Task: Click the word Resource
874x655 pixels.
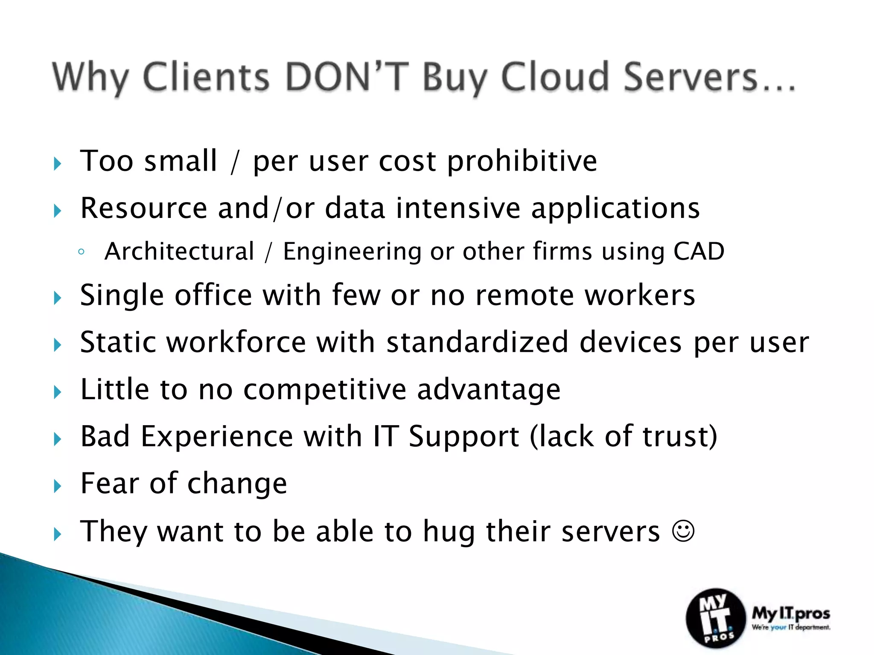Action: pyautogui.click(x=143, y=209)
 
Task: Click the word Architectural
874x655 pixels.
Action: pyautogui.click(x=179, y=251)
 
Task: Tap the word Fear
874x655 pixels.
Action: pyautogui.click(x=109, y=484)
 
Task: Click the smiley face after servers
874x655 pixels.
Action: pyautogui.click(x=683, y=531)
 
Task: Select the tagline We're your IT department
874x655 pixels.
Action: pyautogui.click(x=791, y=627)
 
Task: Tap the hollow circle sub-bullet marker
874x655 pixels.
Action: pyautogui.click(x=81, y=252)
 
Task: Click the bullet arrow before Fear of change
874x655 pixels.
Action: pyautogui.click(x=58, y=486)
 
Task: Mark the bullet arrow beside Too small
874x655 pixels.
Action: pyautogui.click(x=58, y=164)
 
